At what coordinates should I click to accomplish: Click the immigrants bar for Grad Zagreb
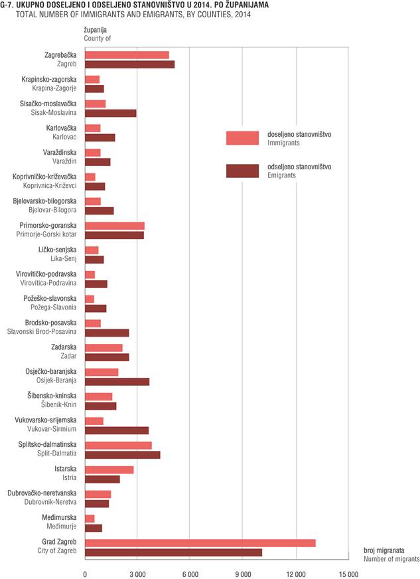point(200,543)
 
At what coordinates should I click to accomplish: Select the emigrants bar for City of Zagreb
point(173,552)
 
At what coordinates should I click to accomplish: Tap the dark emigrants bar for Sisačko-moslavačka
point(111,113)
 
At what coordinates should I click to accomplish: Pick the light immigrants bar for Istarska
point(109,469)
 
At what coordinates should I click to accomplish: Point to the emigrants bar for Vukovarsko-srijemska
point(117,430)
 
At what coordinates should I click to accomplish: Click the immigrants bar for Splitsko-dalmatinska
point(118,446)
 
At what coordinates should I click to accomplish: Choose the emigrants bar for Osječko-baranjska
point(117,382)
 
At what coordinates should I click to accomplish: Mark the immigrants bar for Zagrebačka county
point(127,55)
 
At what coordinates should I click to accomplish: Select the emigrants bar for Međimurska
point(94,528)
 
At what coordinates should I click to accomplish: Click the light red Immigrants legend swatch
point(242,138)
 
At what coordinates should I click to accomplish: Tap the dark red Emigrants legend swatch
point(242,171)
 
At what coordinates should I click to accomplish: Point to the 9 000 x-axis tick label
point(244,574)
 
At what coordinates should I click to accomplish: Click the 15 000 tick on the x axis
point(348,574)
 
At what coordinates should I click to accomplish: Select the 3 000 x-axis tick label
point(137,574)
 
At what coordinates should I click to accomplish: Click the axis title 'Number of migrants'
point(391,559)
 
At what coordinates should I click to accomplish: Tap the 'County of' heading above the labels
point(97,39)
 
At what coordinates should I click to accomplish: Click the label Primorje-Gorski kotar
point(46,234)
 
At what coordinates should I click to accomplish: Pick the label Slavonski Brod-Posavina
point(42,331)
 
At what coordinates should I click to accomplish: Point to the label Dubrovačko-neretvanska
point(42,493)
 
